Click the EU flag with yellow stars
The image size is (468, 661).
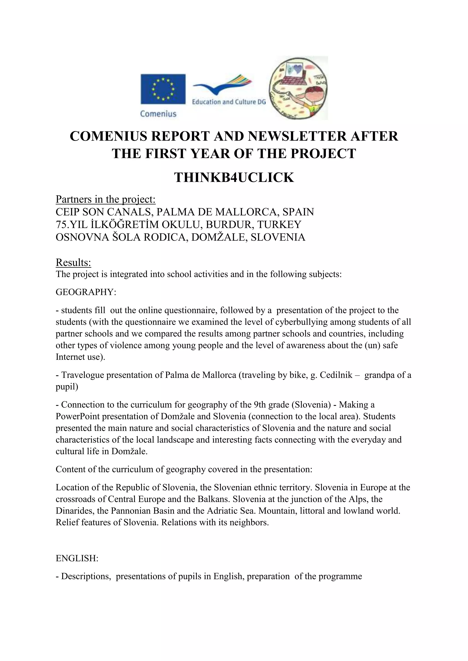click(163, 89)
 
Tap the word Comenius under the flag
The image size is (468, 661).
click(158, 114)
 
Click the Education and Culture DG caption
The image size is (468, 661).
click(229, 102)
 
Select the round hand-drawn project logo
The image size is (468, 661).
click(298, 88)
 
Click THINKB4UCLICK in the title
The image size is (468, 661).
click(234, 177)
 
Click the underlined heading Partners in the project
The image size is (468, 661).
click(106, 199)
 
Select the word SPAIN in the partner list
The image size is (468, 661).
click(298, 212)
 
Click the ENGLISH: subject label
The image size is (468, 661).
click(77, 559)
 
